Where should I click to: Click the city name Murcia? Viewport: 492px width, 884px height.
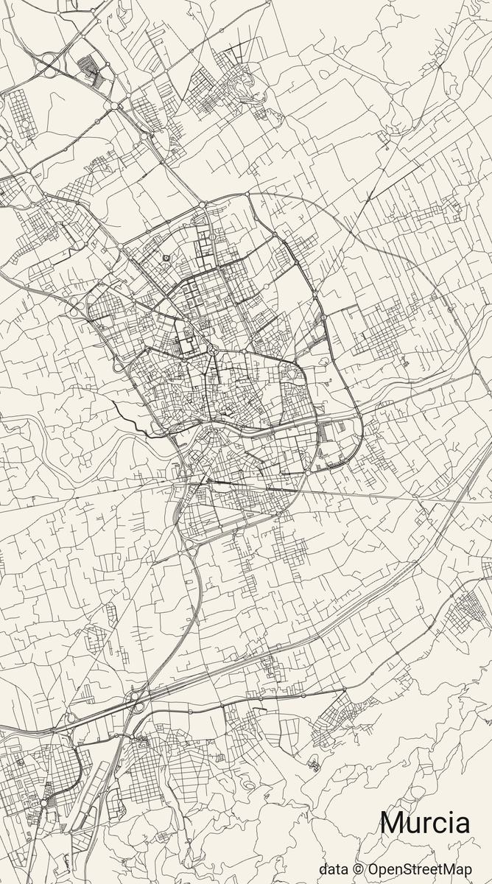425,823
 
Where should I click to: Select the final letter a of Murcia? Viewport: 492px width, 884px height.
461,825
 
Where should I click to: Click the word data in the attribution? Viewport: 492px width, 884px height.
333,869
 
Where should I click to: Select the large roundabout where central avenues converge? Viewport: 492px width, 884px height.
211,349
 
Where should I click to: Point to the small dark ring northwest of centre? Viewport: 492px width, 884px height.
166,257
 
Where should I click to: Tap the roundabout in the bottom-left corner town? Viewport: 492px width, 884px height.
43,803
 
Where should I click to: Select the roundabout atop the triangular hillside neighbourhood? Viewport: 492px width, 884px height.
343,690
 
